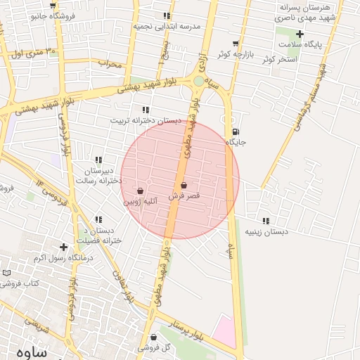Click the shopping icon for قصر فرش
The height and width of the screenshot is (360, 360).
coord(184,186)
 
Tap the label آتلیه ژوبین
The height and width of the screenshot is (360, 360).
coord(141,201)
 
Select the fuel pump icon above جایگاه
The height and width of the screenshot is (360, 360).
coord(234,131)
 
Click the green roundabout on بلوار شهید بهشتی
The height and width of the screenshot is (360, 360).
coord(199,81)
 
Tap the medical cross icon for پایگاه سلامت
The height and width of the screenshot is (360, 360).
coord(300,34)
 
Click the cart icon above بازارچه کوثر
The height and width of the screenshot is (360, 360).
coord(236,44)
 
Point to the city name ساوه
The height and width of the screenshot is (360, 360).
coord(30,352)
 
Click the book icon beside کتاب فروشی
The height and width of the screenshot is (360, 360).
coord(7,273)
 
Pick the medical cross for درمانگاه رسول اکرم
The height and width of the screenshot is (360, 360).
coord(64,247)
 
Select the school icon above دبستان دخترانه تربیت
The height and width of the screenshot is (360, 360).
coord(146,110)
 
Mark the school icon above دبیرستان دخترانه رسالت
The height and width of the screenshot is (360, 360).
coord(98,160)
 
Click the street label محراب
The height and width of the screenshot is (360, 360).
coord(110,65)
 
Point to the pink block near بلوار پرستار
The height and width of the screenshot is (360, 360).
coord(226,331)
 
